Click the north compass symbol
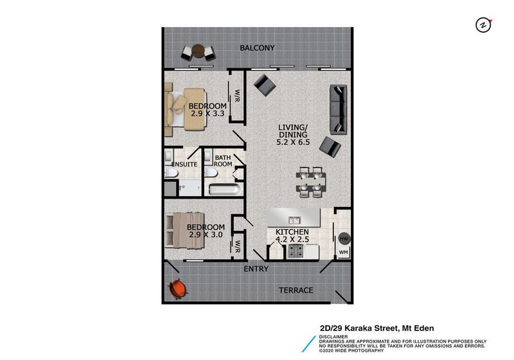tap(483, 25)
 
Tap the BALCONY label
tap(257, 48)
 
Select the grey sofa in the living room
tap(338, 109)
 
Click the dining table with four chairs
tap(309, 181)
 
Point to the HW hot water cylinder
tap(343, 238)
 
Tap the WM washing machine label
tap(343, 252)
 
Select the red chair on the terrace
tap(177, 290)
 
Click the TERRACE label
tap(296, 290)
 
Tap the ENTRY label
tap(256, 269)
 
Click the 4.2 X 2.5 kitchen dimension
tap(292, 240)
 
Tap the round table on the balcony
tap(198, 51)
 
